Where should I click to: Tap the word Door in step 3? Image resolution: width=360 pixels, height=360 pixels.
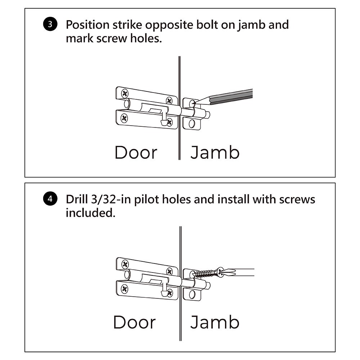pyautogui.click(x=136, y=152)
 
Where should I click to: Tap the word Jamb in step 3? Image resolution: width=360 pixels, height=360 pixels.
pyautogui.click(x=215, y=152)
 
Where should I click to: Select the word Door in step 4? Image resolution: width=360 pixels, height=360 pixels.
pyautogui.click(x=134, y=322)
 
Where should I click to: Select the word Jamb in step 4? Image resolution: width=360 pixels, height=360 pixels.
pyautogui.click(x=215, y=322)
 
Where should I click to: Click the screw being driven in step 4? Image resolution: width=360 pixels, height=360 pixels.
pyautogui.click(x=205, y=273)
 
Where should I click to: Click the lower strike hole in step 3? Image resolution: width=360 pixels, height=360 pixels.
pyautogui.click(x=192, y=124)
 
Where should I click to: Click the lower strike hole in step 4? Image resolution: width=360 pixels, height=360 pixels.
pyautogui.click(x=192, y=294)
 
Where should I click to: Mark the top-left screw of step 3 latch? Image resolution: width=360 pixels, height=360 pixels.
pyautogui.click(x=125, y=94)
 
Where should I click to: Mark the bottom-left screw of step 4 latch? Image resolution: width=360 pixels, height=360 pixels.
pyautogui.click(x=125, y=288)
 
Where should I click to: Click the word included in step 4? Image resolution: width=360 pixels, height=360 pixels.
pyautogui.click(x=90, y=213)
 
